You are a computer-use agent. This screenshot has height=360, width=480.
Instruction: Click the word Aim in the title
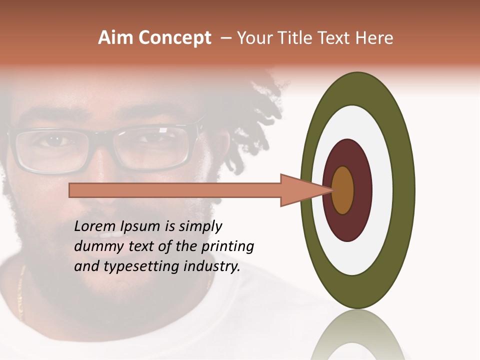pyautogui.click(x=116, y=38)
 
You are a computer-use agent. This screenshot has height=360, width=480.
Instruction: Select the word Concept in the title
pyautogui.click(x=174, y=38)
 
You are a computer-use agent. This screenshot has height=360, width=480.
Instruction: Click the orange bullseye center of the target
pyautogui.click(x=343, y=190)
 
